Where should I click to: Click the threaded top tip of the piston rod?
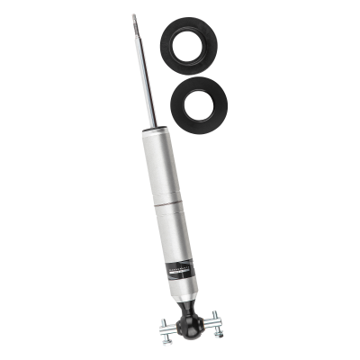click(x=133, y=20)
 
